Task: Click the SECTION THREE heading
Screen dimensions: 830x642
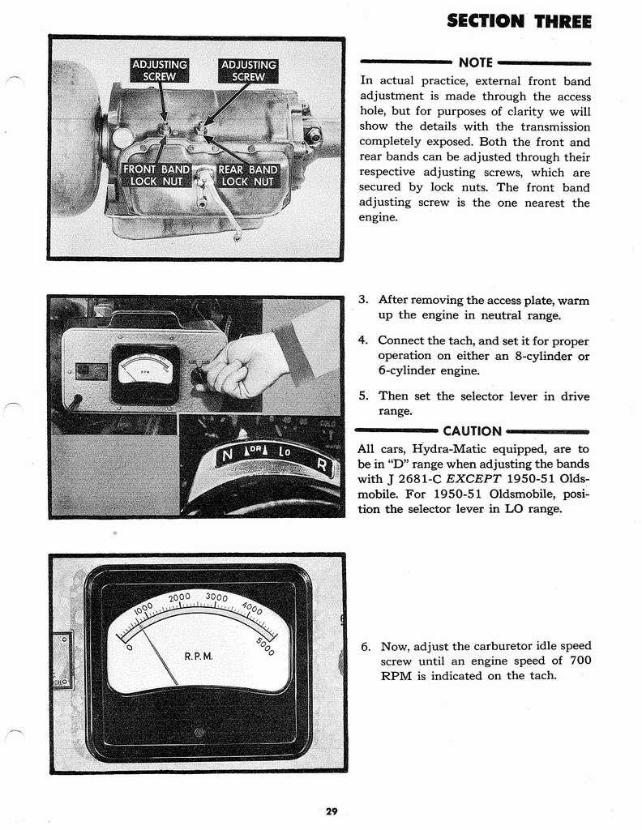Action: pyautogui.click(x=519, y=20)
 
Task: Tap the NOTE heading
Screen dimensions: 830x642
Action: pyautogui.click(x=475, y=62)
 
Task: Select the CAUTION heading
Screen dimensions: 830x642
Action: pyautogui.click(x=472, y=431)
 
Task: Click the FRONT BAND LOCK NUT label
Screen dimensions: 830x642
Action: pyautogui.click(x=156, y=175)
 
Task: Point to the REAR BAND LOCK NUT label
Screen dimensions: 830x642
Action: pyautogui.click(x=247, y=175)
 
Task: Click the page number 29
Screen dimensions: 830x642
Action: pyautogui.click(x=332, y=811)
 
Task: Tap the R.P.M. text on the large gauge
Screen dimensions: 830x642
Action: pyautogui.click(x=198, y=656)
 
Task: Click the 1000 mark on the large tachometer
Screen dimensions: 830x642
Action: pyautogui.click(x=143, y=609)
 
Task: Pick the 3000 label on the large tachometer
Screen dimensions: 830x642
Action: pyautogui.click(x=217, y=597)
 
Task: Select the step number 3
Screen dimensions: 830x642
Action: pyautogui.click(x=364, y=300)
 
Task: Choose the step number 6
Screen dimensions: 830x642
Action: pyautogui.click(x=366, y=646)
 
